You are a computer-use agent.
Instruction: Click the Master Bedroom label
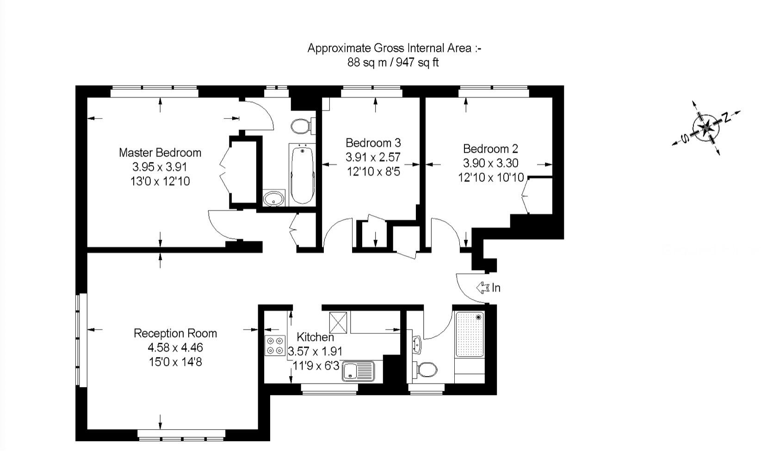(x=160, y=153)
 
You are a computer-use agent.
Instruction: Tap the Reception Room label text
(x=175, y=333)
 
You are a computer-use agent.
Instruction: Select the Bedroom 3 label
(x=373, y=142)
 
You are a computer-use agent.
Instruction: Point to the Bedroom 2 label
(x=490, y=149)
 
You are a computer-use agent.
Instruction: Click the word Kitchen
(x=316, y=337)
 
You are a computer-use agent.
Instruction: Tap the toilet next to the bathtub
(x=302, y=126)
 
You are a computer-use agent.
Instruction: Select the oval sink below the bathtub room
(x=274, y=198)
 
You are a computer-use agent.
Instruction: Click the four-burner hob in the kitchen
(x=275, y=346)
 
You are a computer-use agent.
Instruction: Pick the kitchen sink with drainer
(x=358, y=371)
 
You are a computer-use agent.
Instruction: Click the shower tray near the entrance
(x=470, y=334)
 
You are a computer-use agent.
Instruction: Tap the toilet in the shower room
(x=425, y=370)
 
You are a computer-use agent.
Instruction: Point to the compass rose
(x=706, y=128)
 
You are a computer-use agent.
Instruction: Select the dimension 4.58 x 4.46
(x=175, y=348)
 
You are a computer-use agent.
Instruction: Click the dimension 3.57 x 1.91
(x=316, y=351)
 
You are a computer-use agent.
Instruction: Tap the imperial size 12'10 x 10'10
(x=491, y=177)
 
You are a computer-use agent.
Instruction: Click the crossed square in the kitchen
(x=338, y=322)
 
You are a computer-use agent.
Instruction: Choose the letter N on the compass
(x=726, y=117)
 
